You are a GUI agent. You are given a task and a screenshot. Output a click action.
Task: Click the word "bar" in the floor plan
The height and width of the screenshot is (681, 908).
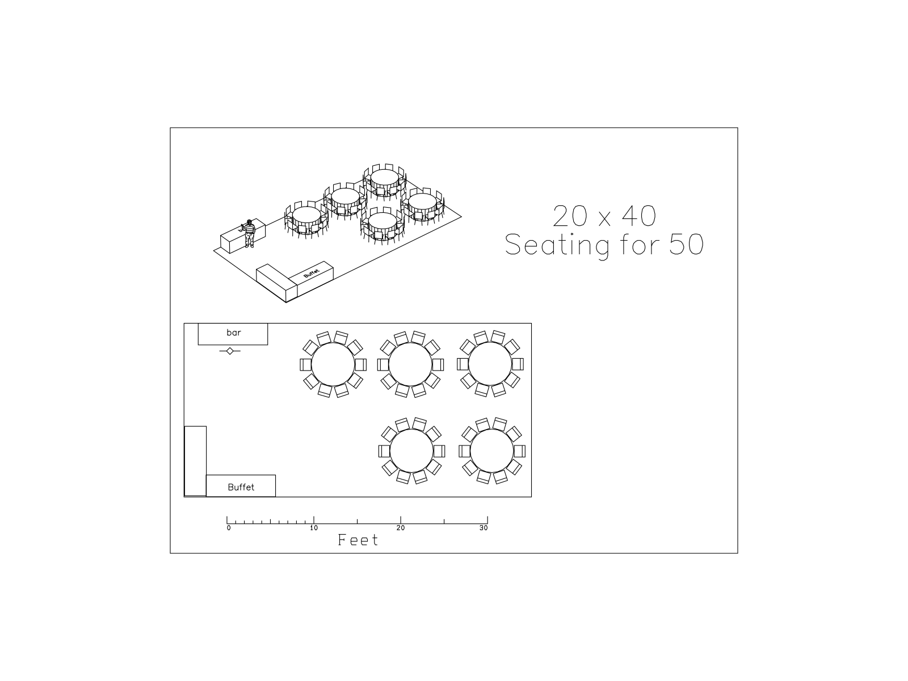click(x=234, y=333)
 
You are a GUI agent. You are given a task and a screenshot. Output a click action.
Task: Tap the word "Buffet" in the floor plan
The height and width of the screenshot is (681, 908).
click(x=241, y=487)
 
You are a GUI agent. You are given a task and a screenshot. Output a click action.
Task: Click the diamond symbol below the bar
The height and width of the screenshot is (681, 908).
click(x=230, y=351)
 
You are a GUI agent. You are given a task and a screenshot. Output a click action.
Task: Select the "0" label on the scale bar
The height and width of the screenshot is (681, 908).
click(x=229, y=528)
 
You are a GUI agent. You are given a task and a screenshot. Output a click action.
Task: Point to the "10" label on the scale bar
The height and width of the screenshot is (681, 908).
click(x=314, y=528)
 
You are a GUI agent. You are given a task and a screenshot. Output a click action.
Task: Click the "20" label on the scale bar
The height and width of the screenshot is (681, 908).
click(x=401, y=528)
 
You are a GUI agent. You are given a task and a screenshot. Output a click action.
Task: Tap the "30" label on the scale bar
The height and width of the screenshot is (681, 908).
click(x=484, y=528)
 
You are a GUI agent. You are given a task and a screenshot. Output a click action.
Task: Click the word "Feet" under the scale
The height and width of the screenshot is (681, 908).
click(x=358, y=540)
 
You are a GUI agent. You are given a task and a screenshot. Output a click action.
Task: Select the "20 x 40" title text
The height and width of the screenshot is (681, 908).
click(x=604, y=216)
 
